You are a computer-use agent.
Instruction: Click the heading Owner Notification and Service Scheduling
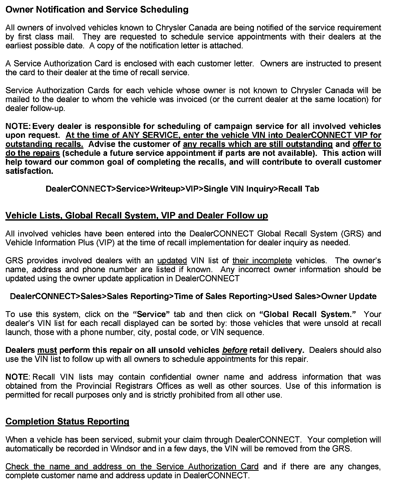[97, 10]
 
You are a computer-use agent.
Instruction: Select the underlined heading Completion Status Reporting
[67, 421]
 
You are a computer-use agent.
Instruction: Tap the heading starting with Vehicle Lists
[137, 215]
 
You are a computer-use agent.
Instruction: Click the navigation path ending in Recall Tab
[182, 189]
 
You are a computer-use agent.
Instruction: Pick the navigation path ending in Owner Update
[193, 296]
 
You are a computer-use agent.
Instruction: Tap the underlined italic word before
[235, 350]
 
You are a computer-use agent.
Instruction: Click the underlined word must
[47, 350]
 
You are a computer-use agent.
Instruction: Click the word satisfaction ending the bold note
[29, 171]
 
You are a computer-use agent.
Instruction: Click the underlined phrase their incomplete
[262, 260]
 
